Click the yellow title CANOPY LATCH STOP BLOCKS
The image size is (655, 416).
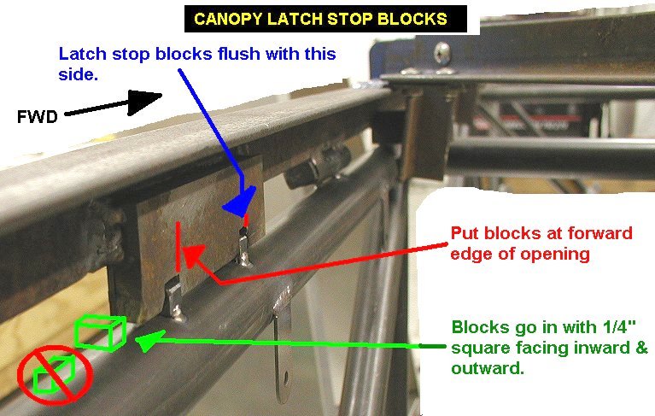[x=321, y=19]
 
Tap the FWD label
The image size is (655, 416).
[x=38, y=116]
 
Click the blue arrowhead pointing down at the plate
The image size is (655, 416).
[x=240, y=202]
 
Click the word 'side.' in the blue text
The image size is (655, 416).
[x=78, y=74]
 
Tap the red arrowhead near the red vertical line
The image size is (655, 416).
[x=193, y=255]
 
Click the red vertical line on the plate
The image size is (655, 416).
[x=178, y=246]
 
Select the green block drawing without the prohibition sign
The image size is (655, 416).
[x=100, y=332]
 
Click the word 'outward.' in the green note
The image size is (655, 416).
[x=488, y=368]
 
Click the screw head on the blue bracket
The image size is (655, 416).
[x=442, y=53]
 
